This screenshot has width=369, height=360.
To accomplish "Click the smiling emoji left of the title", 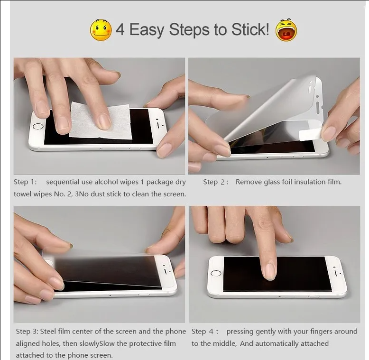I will (101, 30).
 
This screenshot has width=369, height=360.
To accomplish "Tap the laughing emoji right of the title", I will (286, 30).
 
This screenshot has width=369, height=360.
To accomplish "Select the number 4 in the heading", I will (120, 30).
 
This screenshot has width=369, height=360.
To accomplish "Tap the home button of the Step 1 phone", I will (38, 127).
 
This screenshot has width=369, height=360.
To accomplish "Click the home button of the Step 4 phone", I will (216, 273).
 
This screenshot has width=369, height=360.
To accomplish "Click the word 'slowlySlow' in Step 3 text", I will (99, 343).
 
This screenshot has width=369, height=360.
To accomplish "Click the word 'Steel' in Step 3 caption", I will (54, 332).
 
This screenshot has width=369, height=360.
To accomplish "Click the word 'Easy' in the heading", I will (147, 30).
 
